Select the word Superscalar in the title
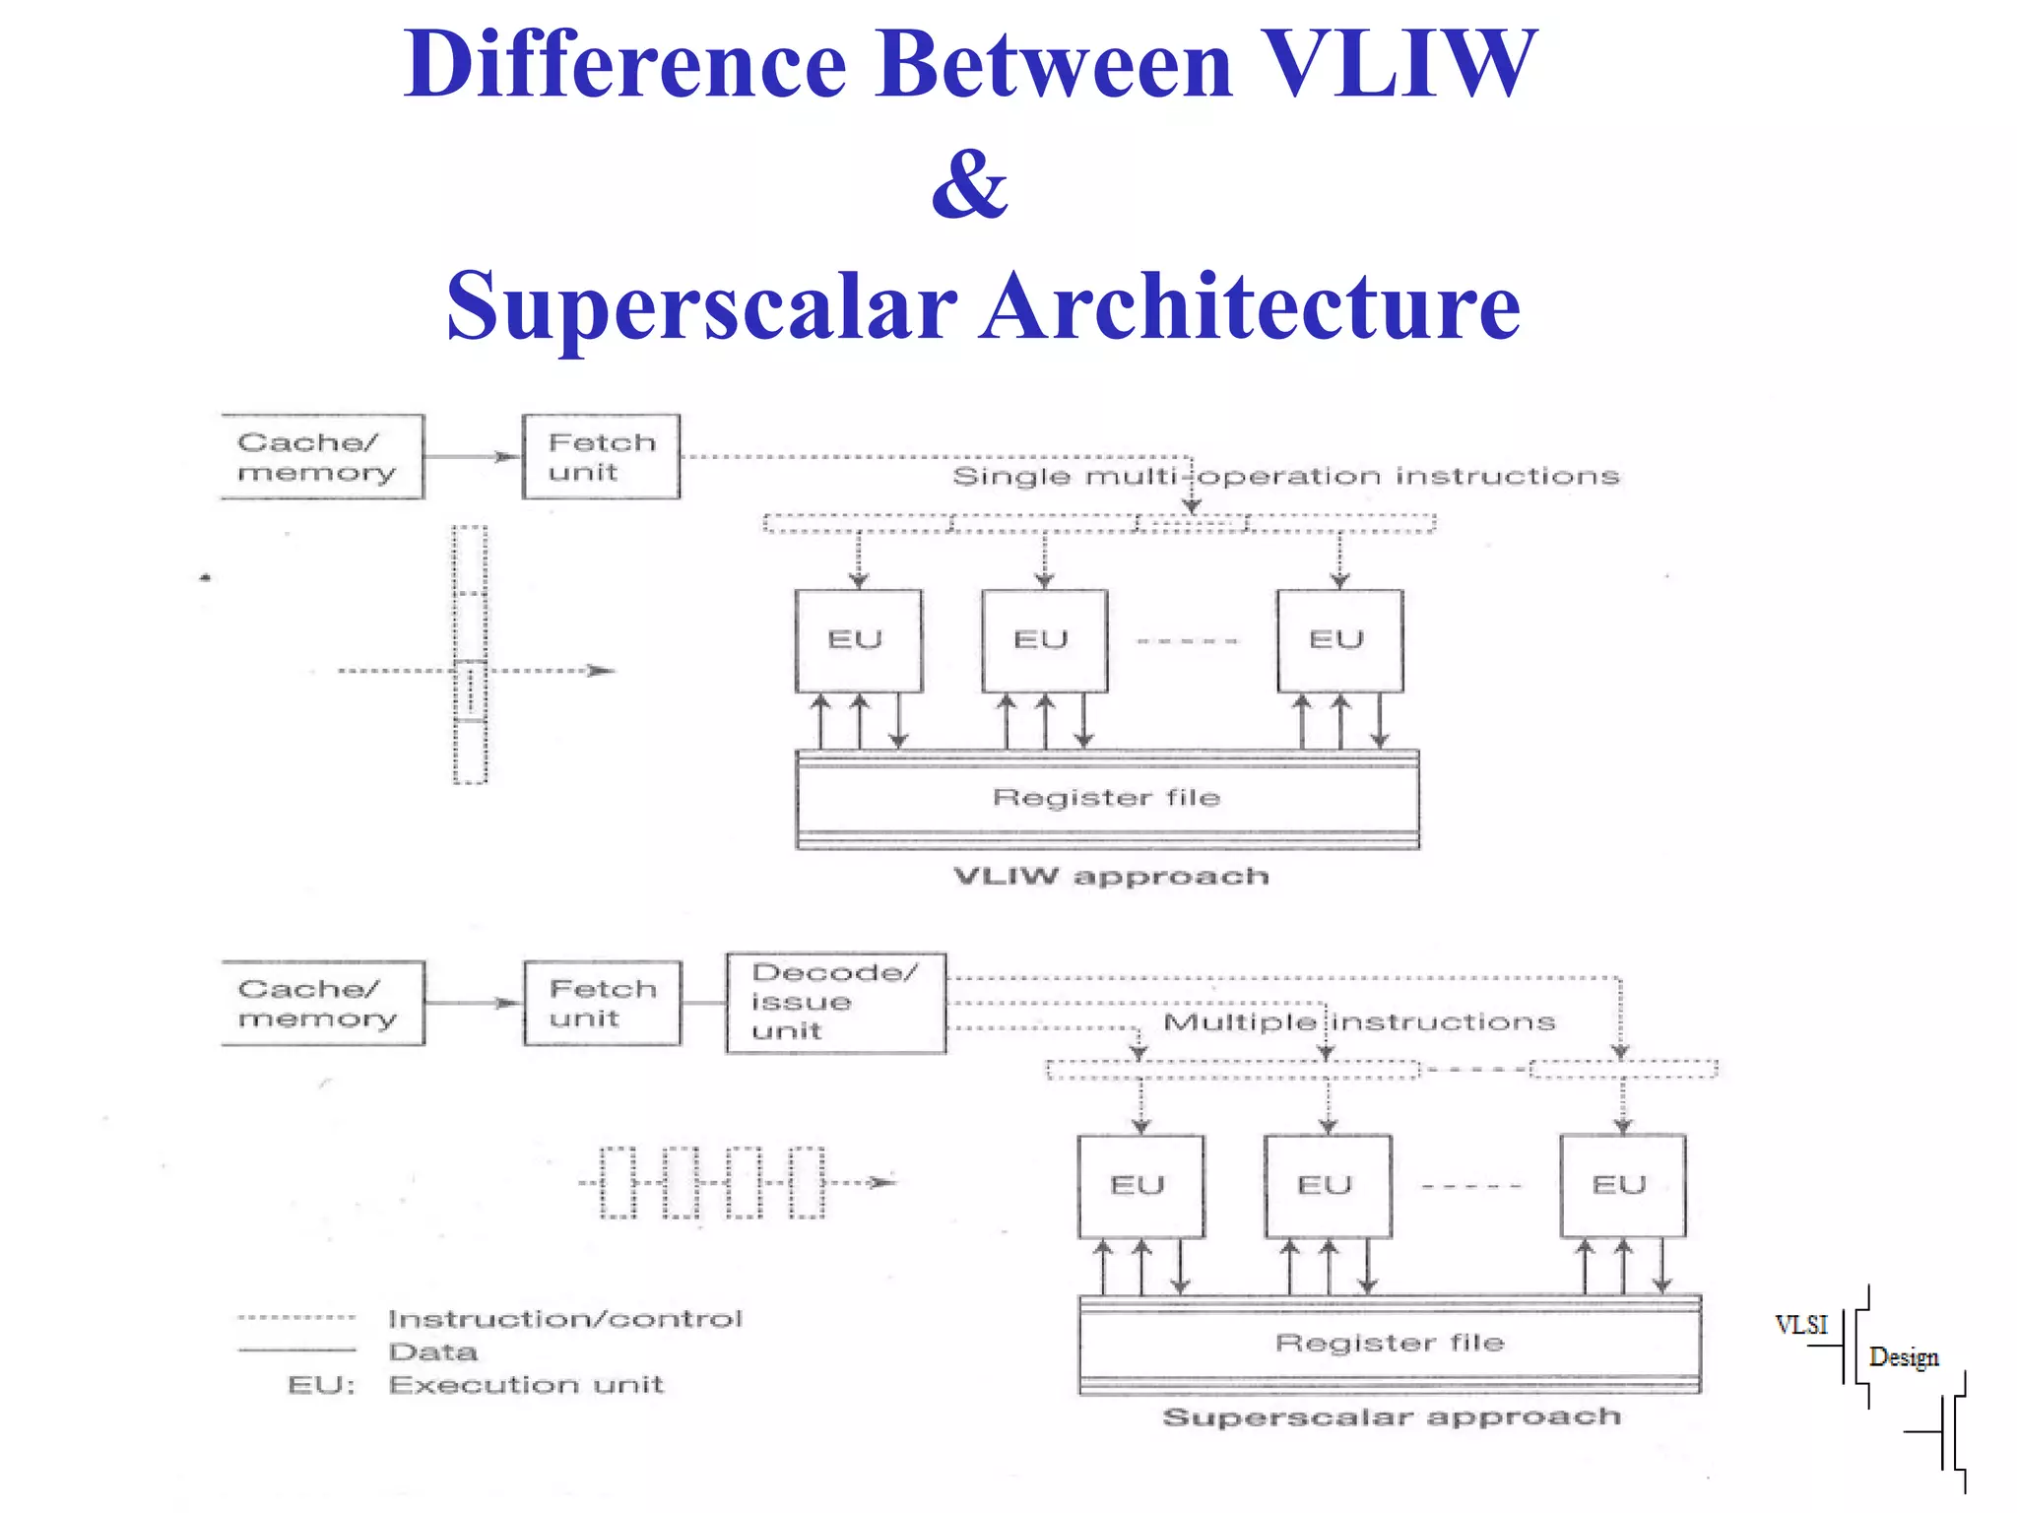(x=701, y=306)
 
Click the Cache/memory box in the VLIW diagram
(x=322, y=457)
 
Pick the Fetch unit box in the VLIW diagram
(x=601, y=457)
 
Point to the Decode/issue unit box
(x=835, y=1003)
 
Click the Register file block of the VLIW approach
(x=1107, y=798)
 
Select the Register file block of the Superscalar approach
(x=1390, y=1344)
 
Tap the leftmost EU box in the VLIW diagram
(x=858, y=640)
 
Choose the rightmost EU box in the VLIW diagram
(x=1339, y=640)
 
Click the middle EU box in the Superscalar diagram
(x=1328, y=1186)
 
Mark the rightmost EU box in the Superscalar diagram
(x=1622, y=1186)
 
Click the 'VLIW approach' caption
(x=1111, y=877)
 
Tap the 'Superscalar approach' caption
(x=1391, y=1417)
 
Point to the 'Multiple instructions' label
(x=1359, y=1022)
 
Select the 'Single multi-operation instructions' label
(x=1285, y=477)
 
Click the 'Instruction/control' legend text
(x=564, y=1319)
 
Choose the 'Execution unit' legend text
(x=526, y=1385)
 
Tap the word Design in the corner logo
(x=1903, y=1357)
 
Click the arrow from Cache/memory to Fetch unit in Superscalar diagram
(x=474, y=1003)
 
